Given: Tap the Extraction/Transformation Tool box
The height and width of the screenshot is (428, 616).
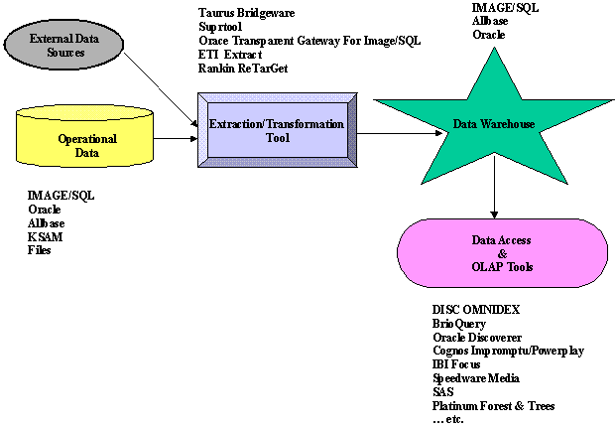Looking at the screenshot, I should click(277, 130).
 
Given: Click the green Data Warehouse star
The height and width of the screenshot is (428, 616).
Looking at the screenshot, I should click(493, 125).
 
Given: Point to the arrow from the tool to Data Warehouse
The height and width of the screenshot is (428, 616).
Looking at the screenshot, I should click(397, 133).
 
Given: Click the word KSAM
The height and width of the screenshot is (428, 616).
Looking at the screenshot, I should click(45, 237).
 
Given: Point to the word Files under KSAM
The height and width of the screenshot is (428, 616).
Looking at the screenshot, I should click(40, 250).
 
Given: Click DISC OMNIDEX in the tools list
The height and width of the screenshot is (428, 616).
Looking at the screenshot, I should click(476, 309).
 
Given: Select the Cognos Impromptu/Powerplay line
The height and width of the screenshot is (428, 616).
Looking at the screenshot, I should click(507, 350).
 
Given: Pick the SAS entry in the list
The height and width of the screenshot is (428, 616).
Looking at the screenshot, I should click(443, 391).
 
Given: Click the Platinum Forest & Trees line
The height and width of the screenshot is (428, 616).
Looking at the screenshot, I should click(493, 405).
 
